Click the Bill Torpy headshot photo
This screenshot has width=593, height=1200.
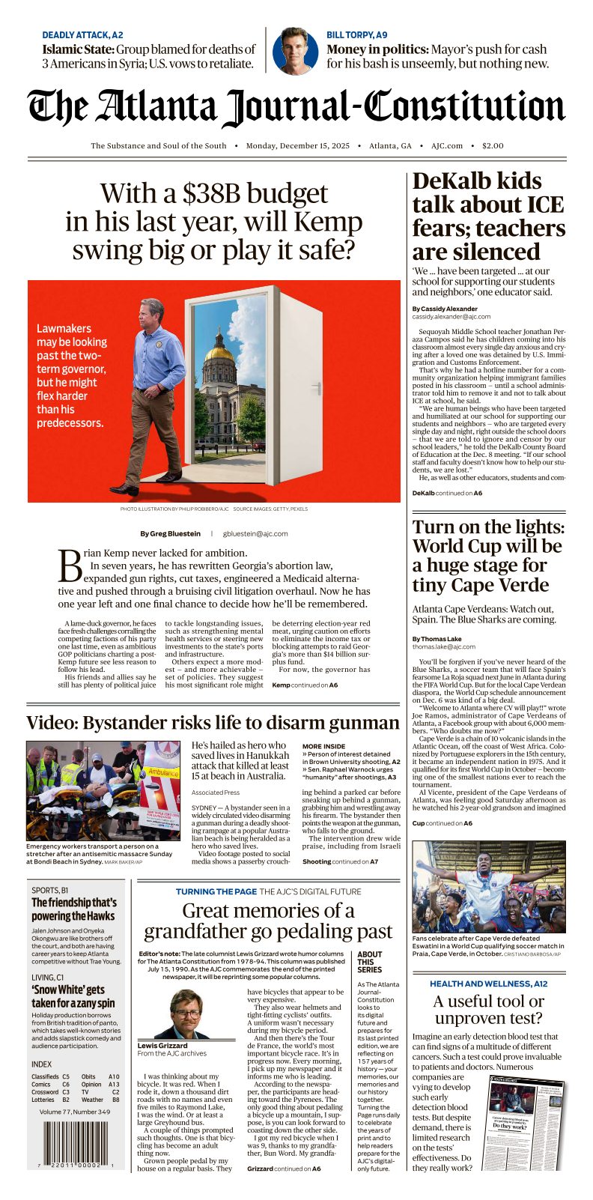(x=295, y=50)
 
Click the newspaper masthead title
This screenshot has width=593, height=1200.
(x=296, y=107)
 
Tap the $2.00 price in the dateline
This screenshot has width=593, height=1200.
(x=493, y=146)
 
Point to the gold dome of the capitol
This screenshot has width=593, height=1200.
(x=220, y=352)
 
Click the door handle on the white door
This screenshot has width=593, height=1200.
(x=318, y=388)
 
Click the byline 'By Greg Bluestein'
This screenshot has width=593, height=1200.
(x=170, y=533)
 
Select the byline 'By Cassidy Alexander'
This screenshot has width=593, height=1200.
(x=444, y=309)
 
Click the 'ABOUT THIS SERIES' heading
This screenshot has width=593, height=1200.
(x=369, y=962)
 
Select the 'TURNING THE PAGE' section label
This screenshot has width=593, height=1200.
(x=216, y=891)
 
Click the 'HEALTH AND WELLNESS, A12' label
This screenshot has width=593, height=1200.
(x=488, y=984)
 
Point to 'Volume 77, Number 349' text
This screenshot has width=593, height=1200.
(x=75, y=1112)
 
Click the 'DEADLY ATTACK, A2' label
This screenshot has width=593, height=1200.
(x=82, y=34)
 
